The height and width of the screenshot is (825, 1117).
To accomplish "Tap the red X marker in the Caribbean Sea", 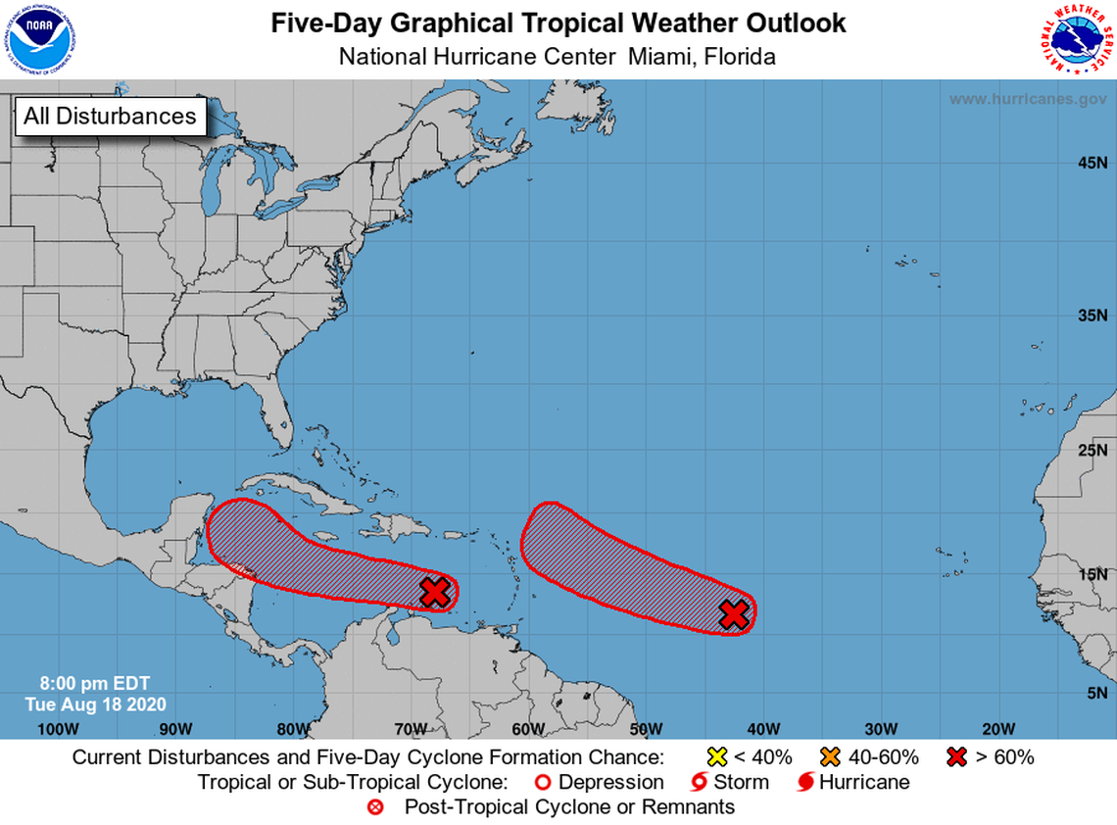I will click(x=435, y=592).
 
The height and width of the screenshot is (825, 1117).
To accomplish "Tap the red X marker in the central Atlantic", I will click(x=734, y=613).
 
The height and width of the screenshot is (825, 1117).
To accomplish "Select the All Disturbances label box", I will click(x=110, y=116).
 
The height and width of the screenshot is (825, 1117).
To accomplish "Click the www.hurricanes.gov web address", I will click(x=1028, y=99).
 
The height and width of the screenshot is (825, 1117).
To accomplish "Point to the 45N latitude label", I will click(x=1092, y=162).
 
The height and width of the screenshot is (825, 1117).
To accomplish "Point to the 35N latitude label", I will click(x=1092, y=315).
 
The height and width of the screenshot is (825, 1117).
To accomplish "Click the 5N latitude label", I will click(x=1095, y=693).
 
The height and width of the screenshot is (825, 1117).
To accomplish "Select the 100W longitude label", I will click(x=57, y=728).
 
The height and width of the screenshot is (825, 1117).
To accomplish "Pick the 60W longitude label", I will click(x=527, y=728).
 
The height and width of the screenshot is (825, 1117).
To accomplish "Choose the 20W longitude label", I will click(x=997, y=728).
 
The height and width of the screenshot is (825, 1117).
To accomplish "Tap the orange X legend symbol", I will click(x=832, y=756).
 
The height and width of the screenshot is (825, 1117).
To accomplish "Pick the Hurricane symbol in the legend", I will click(x=806, y=782).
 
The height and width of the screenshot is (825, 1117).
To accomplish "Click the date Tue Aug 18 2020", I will click(x=95, y=704).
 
